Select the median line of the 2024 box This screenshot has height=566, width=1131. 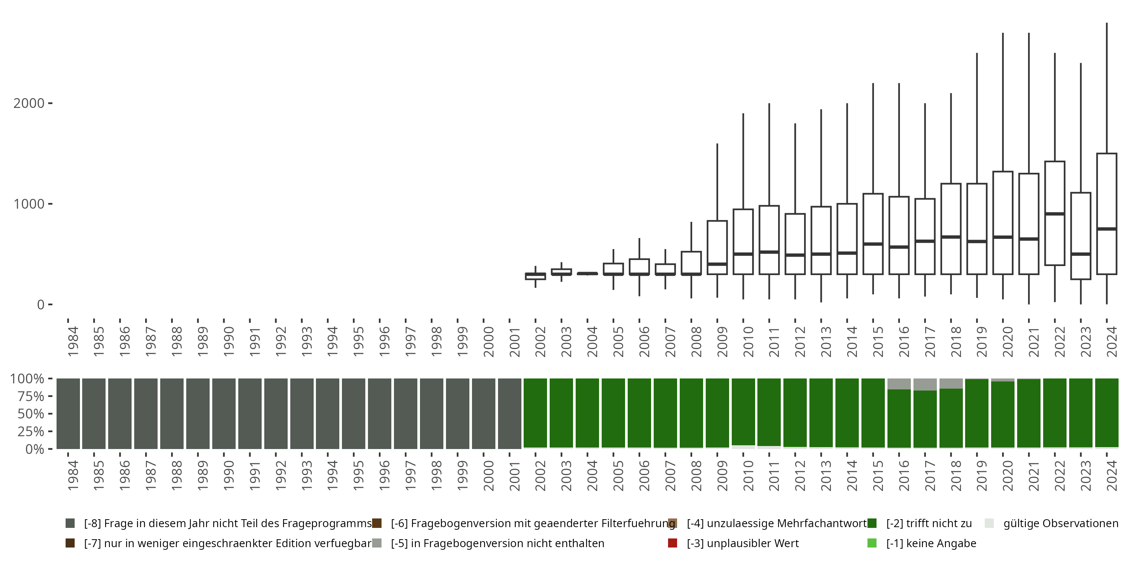[1106, 229]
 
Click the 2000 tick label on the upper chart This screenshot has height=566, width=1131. [489, 342]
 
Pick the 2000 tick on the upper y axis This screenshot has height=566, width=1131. [29, 103]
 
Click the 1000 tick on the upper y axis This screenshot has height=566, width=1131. [29, 204]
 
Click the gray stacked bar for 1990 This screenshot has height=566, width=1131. [224, 414]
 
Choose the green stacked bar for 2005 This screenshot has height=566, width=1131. [613, 414]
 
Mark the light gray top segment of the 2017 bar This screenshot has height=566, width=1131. [925, 384]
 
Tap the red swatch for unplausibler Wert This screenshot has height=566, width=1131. [672, 543]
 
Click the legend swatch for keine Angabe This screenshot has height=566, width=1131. [872, 543]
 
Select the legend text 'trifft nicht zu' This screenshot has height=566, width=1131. [929, 523]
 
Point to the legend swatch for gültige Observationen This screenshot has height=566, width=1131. [989, 523]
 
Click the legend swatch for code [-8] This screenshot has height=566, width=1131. [70, 523]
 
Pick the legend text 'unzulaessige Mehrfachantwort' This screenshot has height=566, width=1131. [777, 523]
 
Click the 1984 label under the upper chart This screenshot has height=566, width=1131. [73, 342]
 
